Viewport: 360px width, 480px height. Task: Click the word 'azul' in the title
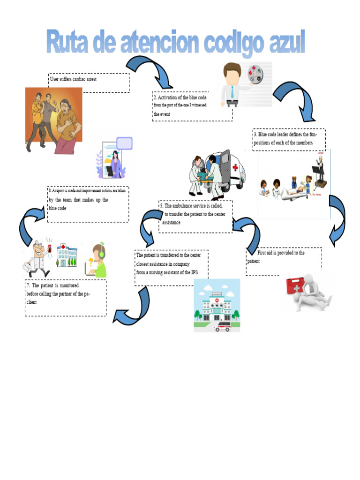point(281,43)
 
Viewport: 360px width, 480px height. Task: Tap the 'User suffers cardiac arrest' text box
point(89,82)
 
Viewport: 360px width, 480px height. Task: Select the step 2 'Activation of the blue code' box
point(192,106)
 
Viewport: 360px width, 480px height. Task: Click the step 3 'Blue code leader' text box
point(289,139)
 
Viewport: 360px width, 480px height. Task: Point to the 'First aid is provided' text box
point(284,261)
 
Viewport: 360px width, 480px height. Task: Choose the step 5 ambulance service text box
point(195,216)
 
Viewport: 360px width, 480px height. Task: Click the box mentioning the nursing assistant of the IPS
point(171,267)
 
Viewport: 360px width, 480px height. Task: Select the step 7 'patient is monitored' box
point(65,298)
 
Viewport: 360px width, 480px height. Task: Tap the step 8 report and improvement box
point(88,204)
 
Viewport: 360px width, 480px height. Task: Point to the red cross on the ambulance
point(235,168)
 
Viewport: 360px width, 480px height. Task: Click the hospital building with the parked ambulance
point(217,306)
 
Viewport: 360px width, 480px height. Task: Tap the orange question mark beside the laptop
point(90,261)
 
